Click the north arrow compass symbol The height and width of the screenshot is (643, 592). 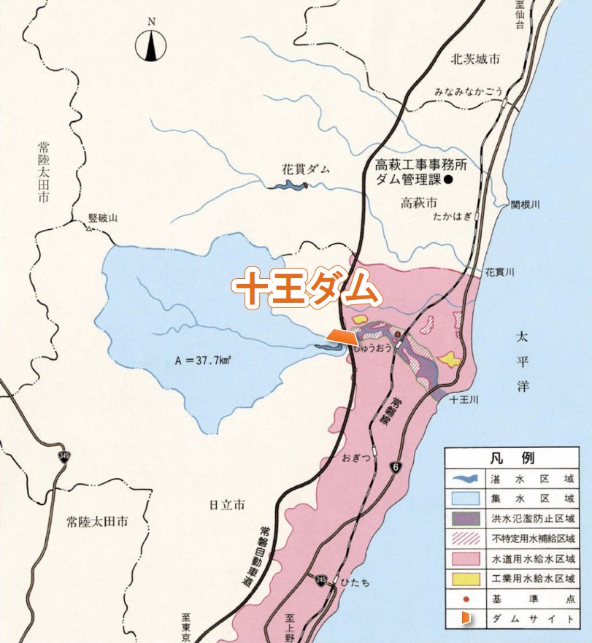point(151,47)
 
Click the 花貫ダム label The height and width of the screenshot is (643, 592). point(306,169)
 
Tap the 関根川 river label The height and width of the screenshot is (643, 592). point(525,206)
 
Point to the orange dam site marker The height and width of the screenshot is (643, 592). point(342,336)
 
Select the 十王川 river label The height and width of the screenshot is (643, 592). point(464,400)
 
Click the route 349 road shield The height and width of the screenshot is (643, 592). point(65,456)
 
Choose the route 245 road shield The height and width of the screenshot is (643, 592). point(322,581)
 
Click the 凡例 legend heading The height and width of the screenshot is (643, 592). point(518,459)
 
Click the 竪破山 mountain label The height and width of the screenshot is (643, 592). point(103,218)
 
